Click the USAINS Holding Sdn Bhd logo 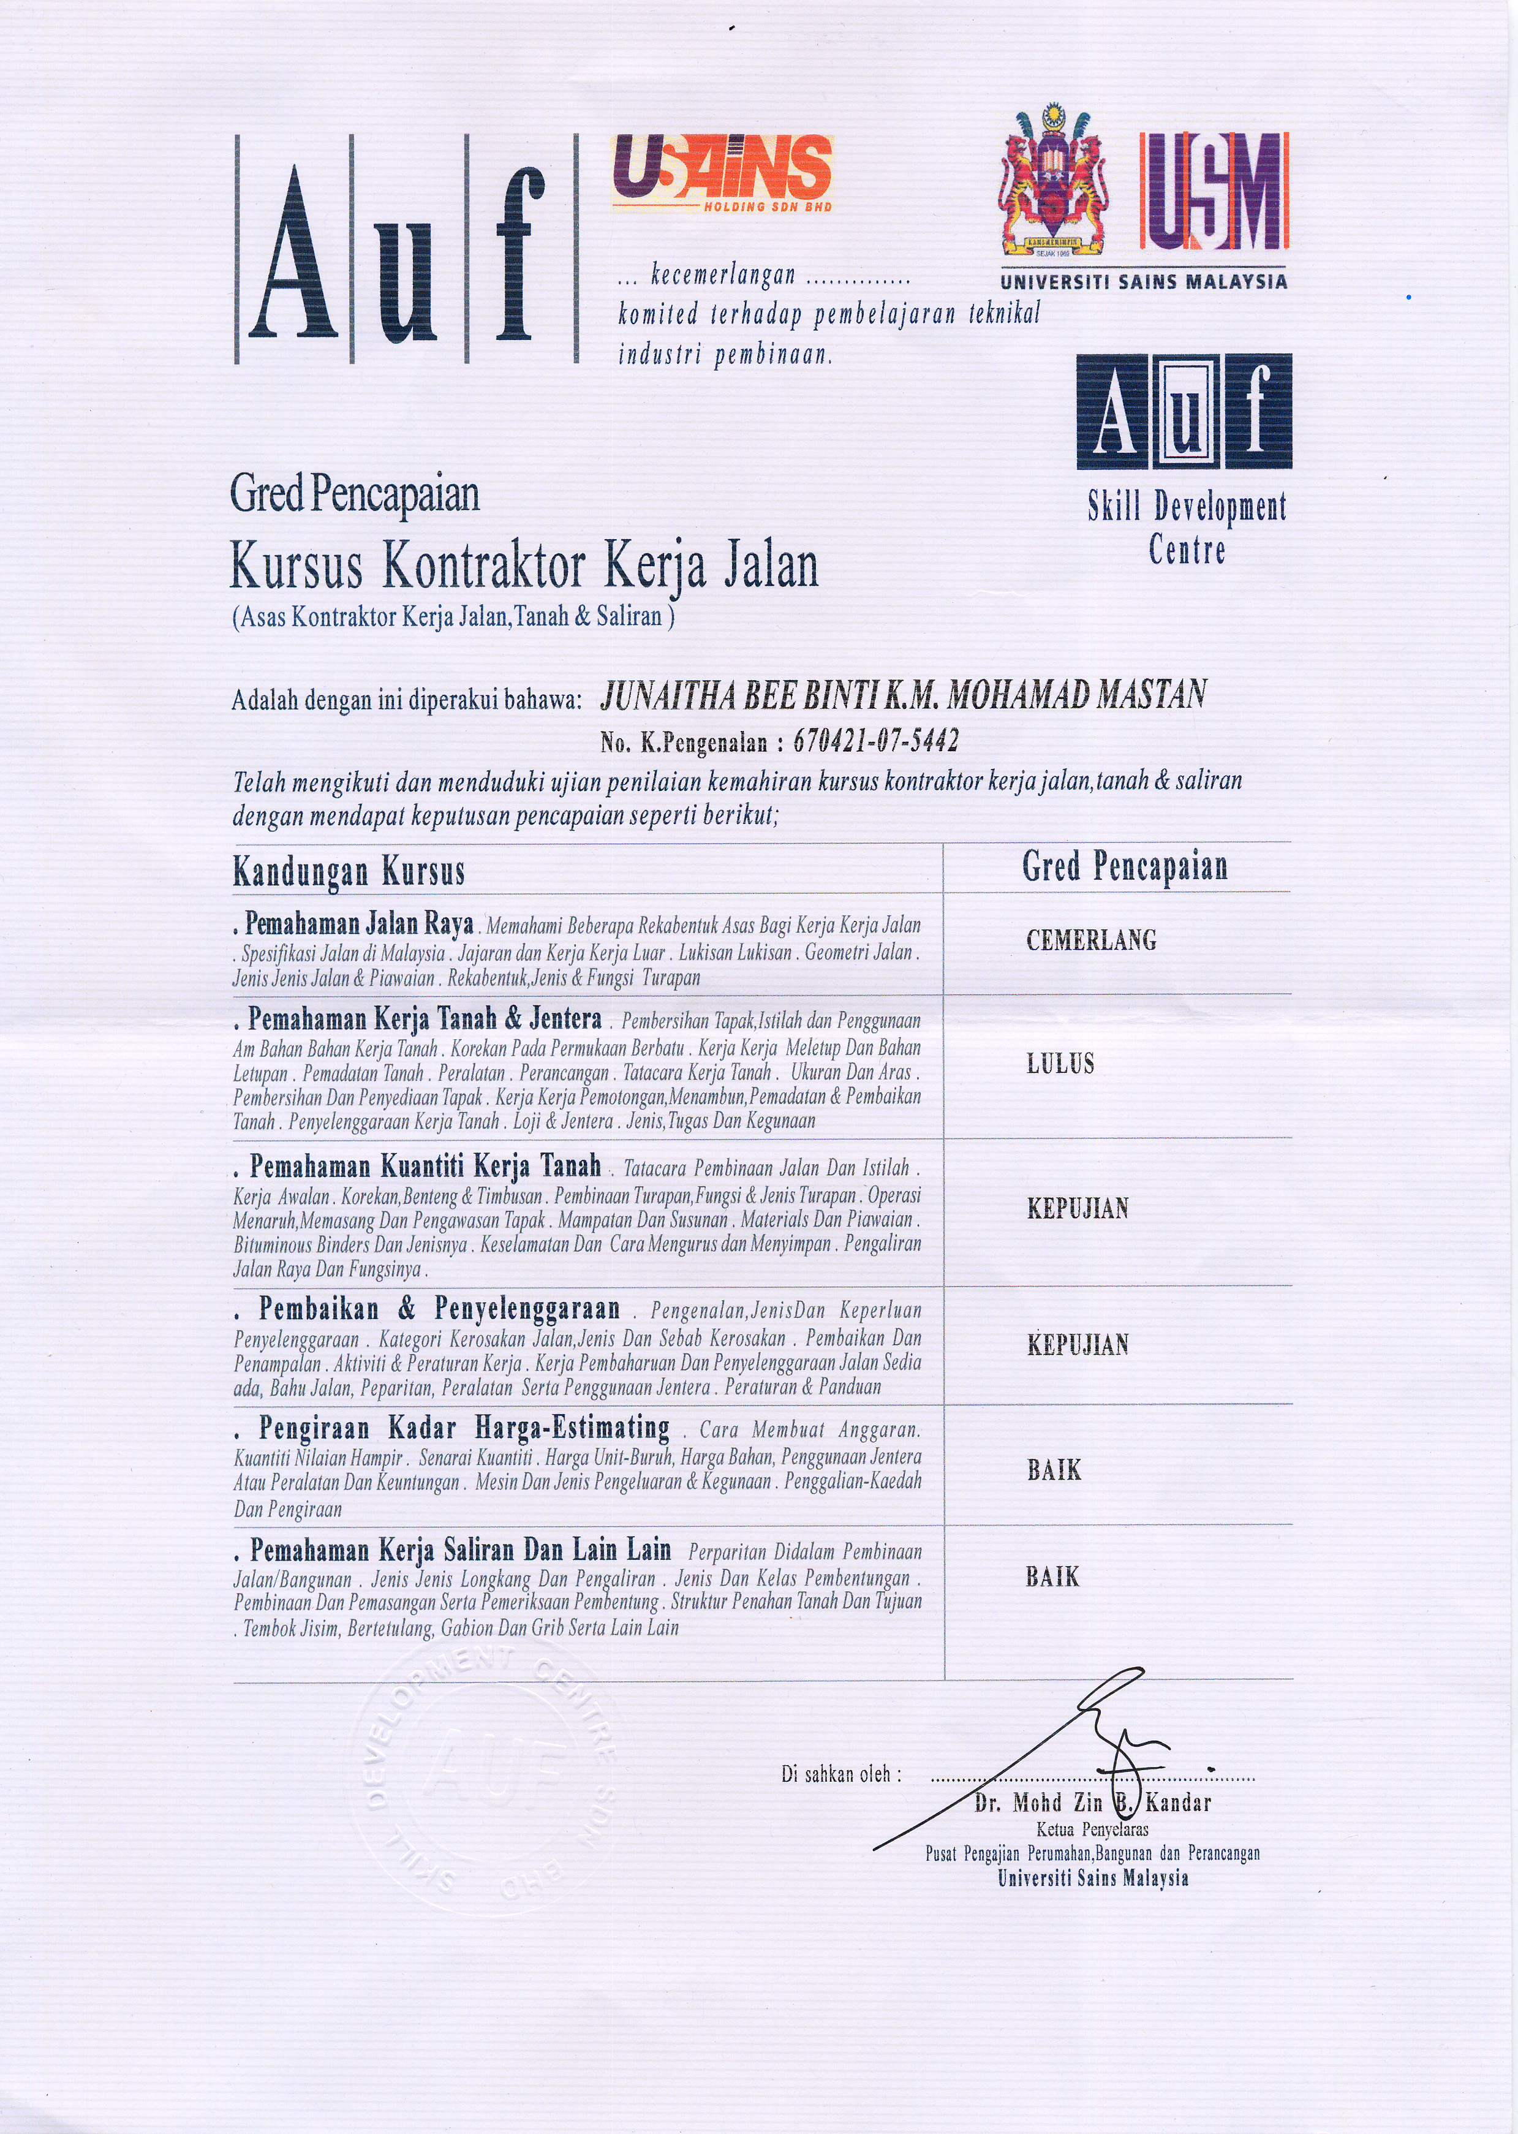pos(720,173)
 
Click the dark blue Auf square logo pos(1184,411)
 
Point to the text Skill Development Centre pos(1186,527)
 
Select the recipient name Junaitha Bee pos(902,695)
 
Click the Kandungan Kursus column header pos(348,871)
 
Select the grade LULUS pos(1060,1064)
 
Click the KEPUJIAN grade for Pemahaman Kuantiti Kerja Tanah pos(1078,1209)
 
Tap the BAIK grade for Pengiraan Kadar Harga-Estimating pos(1054,1470)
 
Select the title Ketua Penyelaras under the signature pos(1092,1829)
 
